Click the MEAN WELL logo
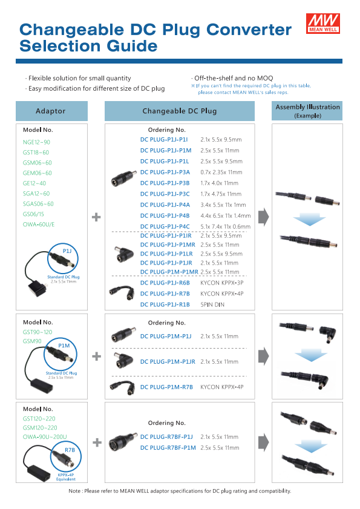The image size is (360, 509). coord(323,24)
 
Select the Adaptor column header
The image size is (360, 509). coord(51,111)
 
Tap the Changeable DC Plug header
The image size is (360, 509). coord(180,111)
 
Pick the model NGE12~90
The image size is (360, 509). coord(36,142)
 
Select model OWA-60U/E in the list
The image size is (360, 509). coord(39,225)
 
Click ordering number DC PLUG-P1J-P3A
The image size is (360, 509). coord(165,172)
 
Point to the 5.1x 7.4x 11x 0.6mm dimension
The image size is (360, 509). coord(225,226)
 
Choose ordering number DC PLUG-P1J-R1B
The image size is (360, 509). coord(165,304)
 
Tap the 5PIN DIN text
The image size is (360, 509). coord(212,304)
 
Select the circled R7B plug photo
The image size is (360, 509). coord(66,457)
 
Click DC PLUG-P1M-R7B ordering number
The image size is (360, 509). coord(166,387)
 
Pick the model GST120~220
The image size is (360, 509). coord(39,419)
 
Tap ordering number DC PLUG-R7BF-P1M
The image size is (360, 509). coord(168,448)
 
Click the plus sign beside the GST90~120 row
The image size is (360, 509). coord(96,356)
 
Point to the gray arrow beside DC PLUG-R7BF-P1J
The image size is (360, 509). coord(264,442)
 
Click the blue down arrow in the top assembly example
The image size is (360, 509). coord(309,220)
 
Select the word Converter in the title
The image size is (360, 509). coord(249,30)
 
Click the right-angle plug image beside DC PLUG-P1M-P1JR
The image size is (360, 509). coord(123,360)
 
